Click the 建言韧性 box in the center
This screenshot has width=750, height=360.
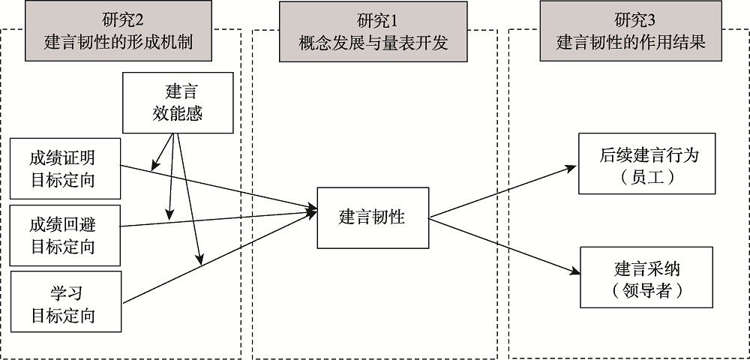[372, 217]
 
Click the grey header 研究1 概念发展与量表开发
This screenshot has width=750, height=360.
[372, 31]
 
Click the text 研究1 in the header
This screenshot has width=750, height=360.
[372, 19]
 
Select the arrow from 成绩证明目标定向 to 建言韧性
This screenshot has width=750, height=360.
[225, 188]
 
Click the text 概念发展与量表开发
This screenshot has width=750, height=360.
[372, 42]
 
